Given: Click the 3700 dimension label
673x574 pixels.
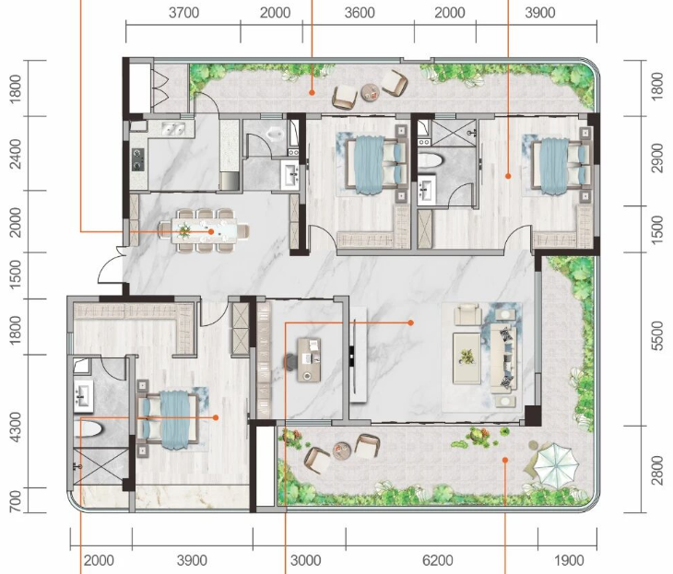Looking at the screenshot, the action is (183, 13).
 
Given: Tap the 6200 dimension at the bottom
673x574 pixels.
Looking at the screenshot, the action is (437, 561).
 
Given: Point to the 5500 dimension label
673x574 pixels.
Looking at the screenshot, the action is (657, 336).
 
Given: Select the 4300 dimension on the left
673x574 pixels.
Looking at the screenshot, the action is (15, 428).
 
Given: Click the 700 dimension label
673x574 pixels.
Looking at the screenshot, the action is (15, 501).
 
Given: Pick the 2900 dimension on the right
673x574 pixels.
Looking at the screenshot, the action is (657, 158).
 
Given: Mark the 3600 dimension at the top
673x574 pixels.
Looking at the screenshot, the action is (360, 13).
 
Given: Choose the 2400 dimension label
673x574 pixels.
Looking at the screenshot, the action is (15, 154).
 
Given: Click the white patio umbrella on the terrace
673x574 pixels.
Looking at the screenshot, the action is (554, 463).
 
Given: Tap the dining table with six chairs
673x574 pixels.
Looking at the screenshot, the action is (204, 230).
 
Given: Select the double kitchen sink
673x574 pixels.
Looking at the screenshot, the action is (173, 128).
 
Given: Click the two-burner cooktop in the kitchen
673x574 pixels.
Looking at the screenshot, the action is (137, 158).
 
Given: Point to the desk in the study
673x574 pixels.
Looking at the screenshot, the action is (309, 359).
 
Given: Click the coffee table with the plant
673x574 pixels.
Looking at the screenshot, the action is (467, 357).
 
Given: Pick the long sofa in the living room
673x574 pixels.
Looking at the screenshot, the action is (503, 358).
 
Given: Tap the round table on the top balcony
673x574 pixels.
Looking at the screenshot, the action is (372, 92).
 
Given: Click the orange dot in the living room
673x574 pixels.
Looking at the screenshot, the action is (411, 322).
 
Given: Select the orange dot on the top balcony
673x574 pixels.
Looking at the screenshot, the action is (312, 92).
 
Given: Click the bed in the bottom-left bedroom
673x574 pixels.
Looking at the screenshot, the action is (168, 419).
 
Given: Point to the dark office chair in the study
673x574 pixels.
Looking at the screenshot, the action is (291, 361).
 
